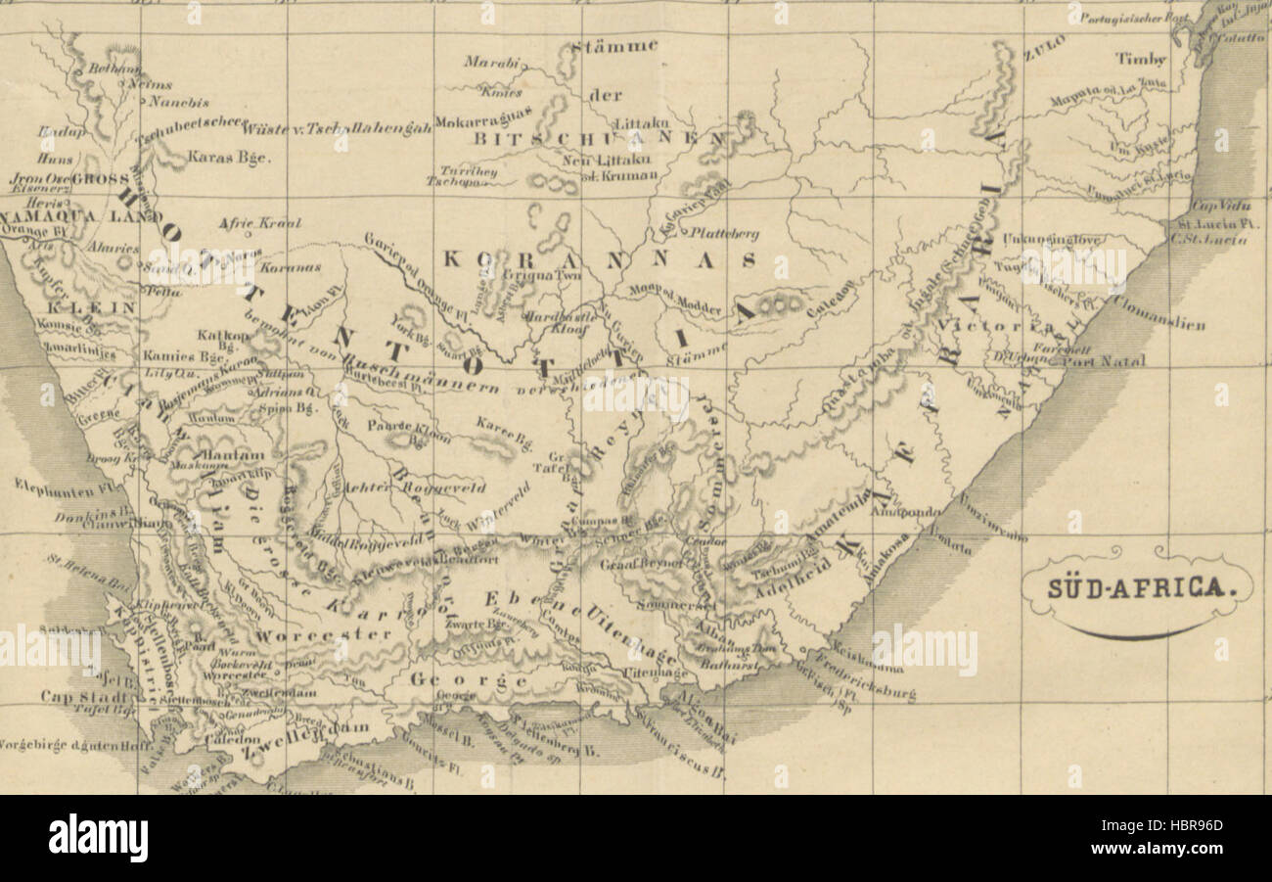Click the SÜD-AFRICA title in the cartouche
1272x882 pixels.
[x=1136, y=587]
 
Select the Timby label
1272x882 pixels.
[x=1141, y=59]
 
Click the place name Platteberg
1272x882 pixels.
[x=724, y=233]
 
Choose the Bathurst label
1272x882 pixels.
[x=746, y=666]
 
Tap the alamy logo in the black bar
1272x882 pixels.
[x=98, y=838]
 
